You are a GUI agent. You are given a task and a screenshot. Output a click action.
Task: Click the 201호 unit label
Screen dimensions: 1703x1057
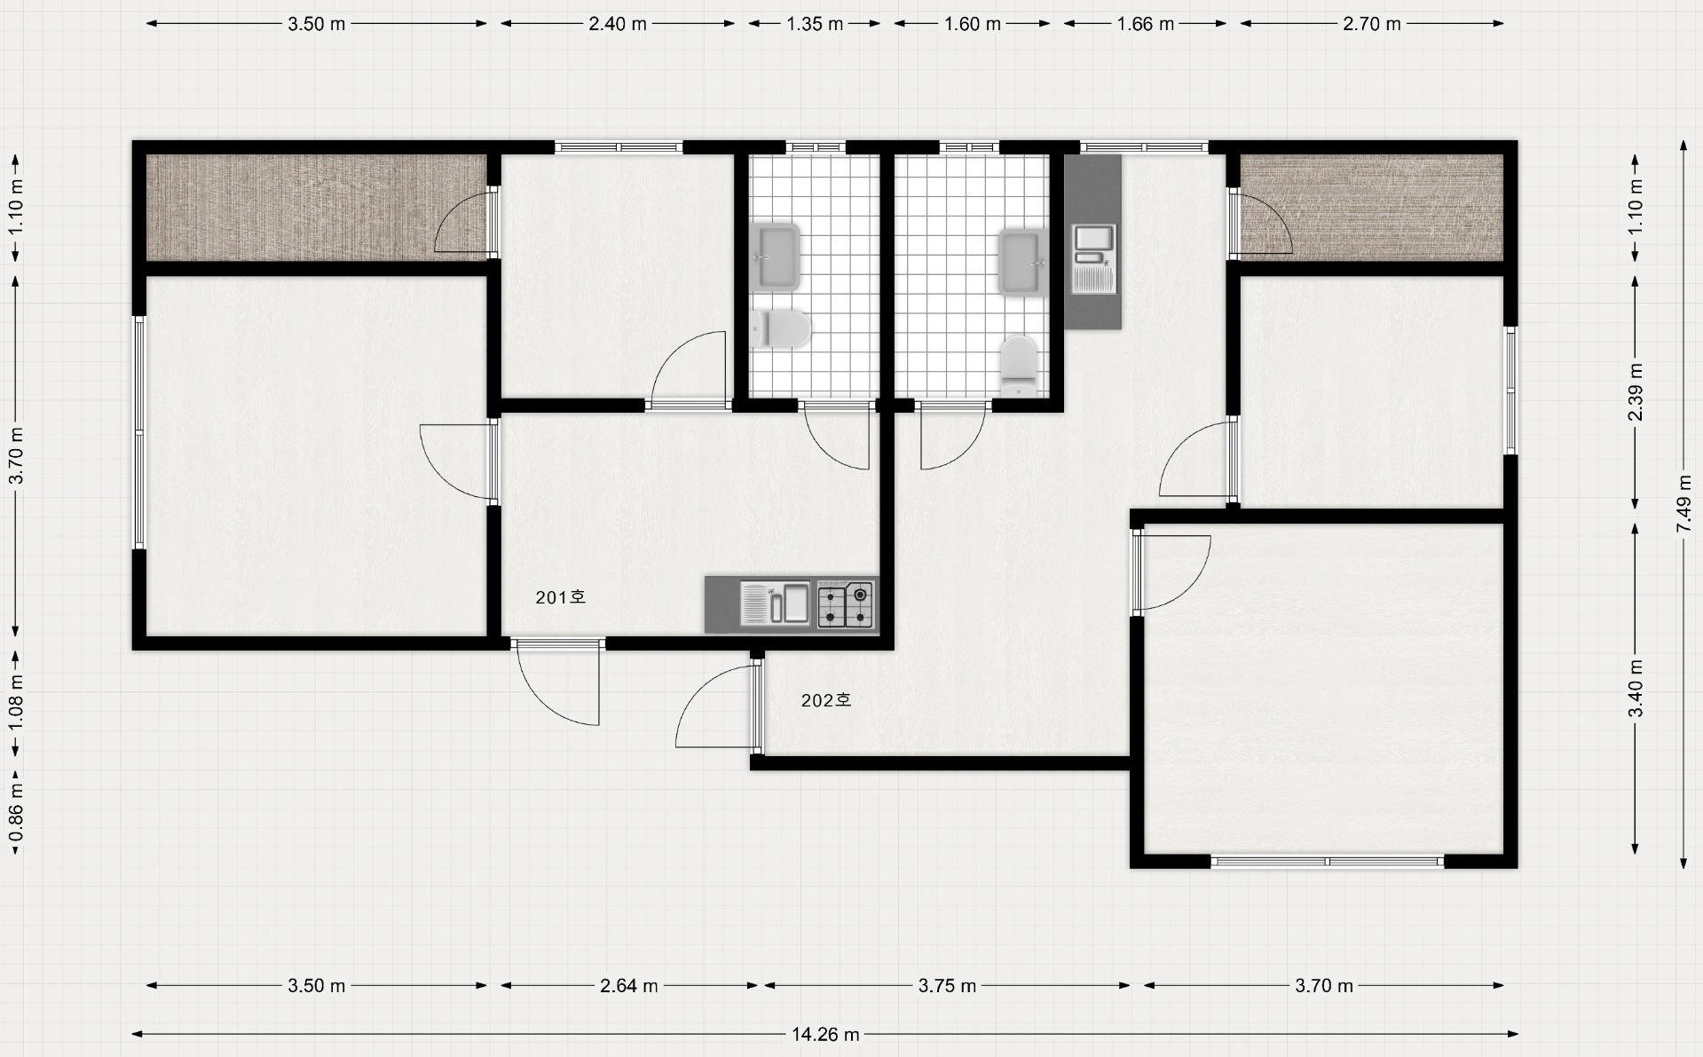[560, 597]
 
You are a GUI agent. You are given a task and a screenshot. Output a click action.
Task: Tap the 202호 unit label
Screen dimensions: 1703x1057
[826, 700]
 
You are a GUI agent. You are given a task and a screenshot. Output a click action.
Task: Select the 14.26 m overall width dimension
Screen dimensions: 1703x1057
[825, 1034]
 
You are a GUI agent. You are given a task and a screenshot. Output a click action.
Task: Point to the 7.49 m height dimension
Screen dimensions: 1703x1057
[1683, 504]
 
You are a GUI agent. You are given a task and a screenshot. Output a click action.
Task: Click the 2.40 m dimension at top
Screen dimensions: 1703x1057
[618, 24]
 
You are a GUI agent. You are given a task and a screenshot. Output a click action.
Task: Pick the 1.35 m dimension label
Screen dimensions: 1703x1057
[815, 24]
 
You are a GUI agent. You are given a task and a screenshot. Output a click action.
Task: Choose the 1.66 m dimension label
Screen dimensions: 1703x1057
[1146, 24]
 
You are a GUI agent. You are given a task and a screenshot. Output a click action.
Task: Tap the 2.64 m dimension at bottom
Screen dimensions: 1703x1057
[629, 985]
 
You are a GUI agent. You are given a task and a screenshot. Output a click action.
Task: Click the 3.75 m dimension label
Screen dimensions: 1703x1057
[947, 985]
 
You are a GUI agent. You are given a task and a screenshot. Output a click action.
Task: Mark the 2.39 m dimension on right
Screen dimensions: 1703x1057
[1636, 392]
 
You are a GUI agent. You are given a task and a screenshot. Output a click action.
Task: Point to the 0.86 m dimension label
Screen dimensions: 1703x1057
[16, 815]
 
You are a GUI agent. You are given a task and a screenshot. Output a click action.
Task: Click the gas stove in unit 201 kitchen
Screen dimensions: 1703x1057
[846, 604]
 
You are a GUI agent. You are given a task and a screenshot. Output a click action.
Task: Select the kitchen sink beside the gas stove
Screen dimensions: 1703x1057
[775, 603]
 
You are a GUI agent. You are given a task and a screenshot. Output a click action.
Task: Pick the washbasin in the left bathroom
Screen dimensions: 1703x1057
[775, 257]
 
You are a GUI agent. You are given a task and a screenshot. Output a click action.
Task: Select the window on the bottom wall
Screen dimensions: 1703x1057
[1328, 861]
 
